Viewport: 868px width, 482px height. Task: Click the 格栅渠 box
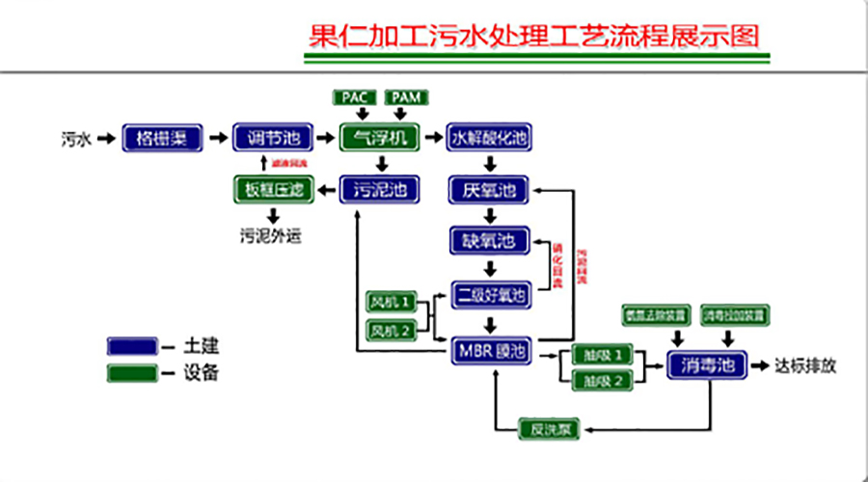tap(161, 139)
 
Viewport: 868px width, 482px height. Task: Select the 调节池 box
tap(270, 139)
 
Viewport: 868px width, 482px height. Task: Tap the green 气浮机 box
tap(380, 139)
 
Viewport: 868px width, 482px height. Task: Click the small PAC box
tap(355, 97)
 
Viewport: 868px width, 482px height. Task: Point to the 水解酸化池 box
tap(490, 139)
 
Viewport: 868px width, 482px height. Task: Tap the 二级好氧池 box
tap(490, 294)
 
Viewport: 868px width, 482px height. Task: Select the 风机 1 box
tap(392, 303)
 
